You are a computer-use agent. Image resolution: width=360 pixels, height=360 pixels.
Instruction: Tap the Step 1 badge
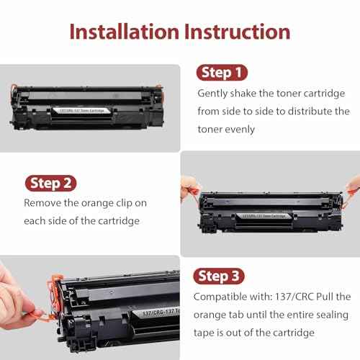[221, 73]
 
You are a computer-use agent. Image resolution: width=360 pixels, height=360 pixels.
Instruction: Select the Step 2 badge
[52, 182]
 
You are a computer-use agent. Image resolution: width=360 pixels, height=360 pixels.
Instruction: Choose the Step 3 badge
[221, 276]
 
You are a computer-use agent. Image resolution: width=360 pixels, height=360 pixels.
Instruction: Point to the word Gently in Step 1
[215, 93]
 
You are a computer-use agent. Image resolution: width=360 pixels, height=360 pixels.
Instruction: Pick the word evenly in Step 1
[240, 130]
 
